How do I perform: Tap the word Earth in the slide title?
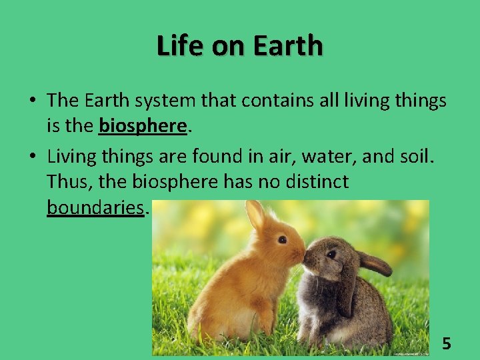pyautogui.click(x=287, y=46)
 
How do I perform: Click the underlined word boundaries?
pyautogui.click(x=95, y=207)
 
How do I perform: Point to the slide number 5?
pyautogui.click(x=447, y=344)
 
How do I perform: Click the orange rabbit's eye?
pyautogui.click(x=282, y=239)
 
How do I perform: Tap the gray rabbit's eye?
pyautogui.click(x=331, y=254)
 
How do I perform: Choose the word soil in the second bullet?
pyautogui.click(x=417, y=157)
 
